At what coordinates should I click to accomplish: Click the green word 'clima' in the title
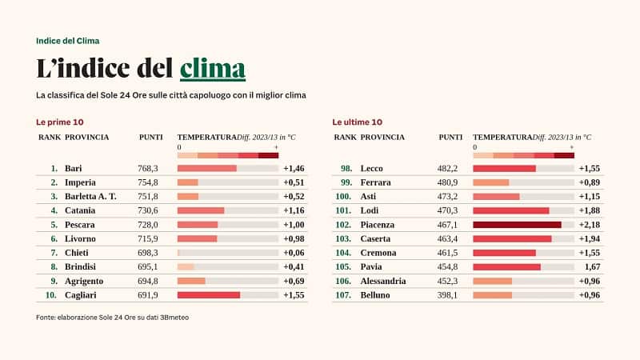click(212, 69)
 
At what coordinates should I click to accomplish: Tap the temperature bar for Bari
click(206, 168)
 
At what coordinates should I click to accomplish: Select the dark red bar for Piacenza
click(517, 225)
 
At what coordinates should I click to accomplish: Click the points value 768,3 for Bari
click(148, 168)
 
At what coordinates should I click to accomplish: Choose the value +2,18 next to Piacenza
click(589, 225)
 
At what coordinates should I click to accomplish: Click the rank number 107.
click(343, 295)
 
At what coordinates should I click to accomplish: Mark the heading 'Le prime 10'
click(60, 122)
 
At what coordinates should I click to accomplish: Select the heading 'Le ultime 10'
click(357, 122)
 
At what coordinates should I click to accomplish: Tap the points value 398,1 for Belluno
click(446, 295)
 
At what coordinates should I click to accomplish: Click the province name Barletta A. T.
click(90, 196)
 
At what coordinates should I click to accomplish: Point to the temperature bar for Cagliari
click(208, 295)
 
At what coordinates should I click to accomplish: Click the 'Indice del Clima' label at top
click(68, 40)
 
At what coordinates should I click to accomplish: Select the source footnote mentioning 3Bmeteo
click(112, 317)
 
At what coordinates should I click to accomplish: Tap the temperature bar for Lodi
click(510, 210)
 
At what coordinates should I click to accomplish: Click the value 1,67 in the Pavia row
click(592, 267)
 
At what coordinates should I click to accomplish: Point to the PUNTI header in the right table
click(450, 137)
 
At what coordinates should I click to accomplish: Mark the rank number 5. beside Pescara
click(54, 225)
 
